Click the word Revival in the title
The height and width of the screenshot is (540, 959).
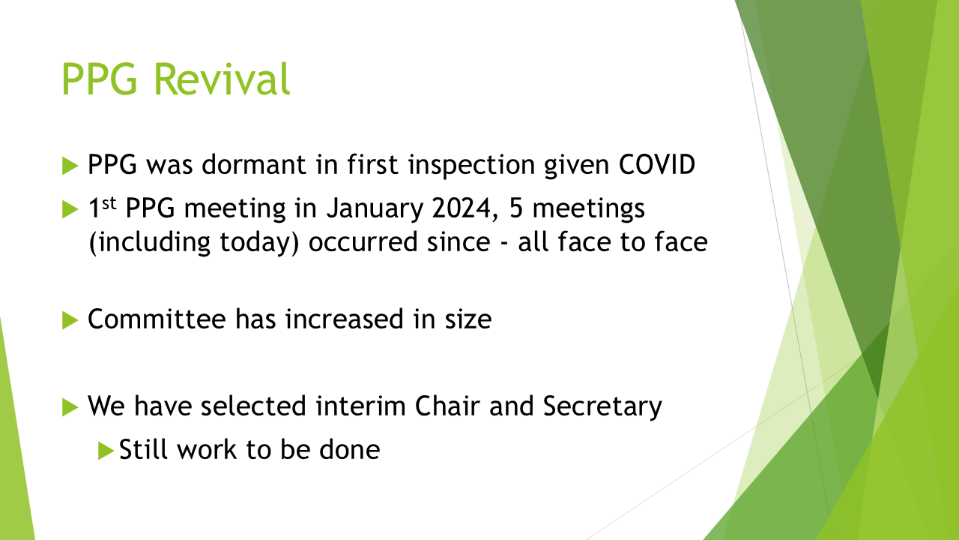(222, 79)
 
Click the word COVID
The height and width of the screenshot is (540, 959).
(657, 164)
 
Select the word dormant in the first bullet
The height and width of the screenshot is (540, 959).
(254, 164)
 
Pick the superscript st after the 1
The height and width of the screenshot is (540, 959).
(109, 203)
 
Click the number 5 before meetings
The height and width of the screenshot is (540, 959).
(516, 208)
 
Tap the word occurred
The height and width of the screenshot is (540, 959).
(363, 242)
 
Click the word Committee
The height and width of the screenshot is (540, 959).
(157, 319)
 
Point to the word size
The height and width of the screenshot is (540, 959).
(468, 319)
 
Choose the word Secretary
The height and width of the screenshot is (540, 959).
(602, 406)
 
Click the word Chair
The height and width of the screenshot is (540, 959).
(447, 406)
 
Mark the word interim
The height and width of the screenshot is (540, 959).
(361, 406)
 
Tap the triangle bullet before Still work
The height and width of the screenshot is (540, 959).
(106, 451)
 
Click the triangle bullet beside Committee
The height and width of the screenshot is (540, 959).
(70, 320)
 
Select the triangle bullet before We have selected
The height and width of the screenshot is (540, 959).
(70, 407)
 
